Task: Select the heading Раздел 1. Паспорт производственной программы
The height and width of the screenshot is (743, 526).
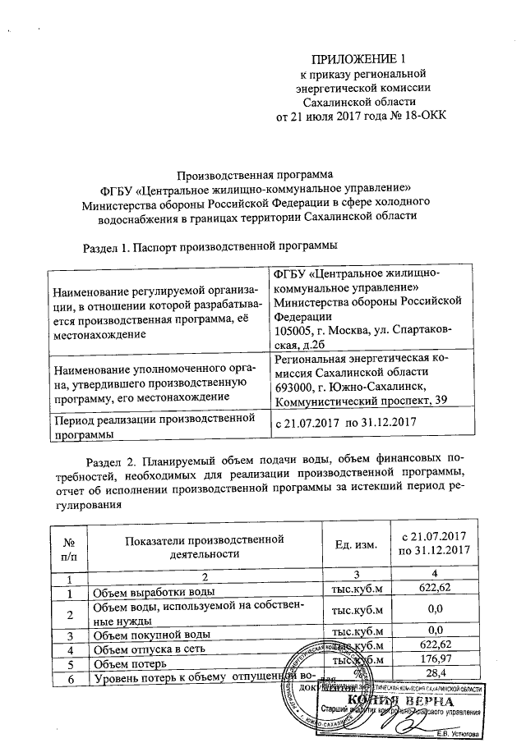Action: pyautogui.click(x=211, y=246)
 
